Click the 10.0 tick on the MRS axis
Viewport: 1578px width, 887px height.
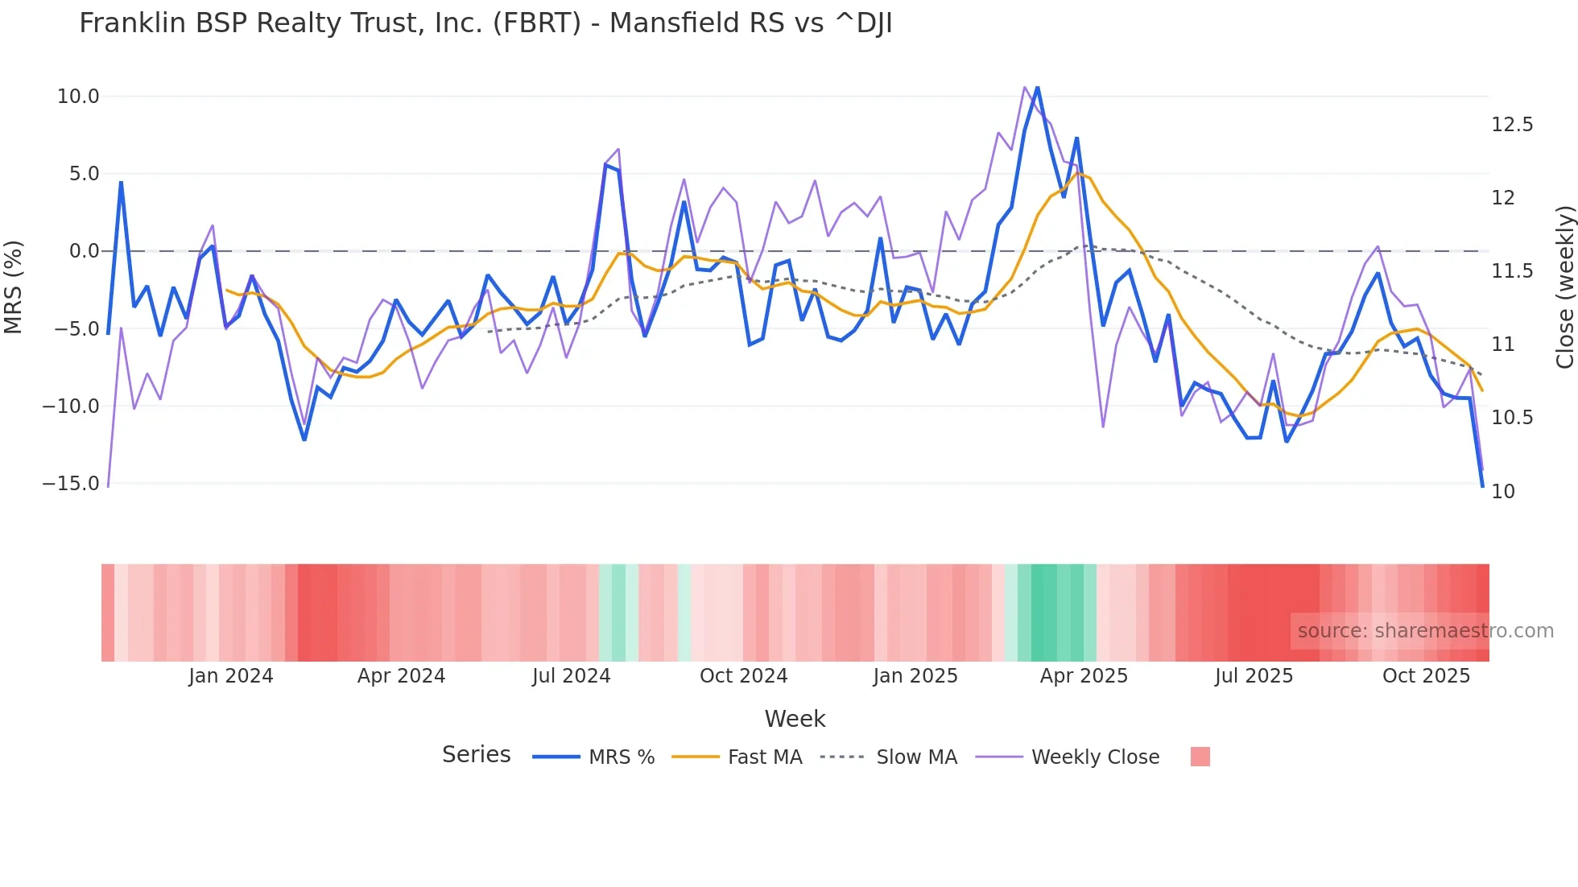click(77, 97)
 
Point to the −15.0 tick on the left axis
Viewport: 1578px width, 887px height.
click(71, 484)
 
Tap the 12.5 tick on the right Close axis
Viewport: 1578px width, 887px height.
click(1512, 125)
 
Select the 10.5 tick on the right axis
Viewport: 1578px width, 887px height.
click(1512, 418)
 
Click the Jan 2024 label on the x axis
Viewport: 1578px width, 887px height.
click(231, 676)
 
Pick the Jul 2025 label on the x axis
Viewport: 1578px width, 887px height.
click(1254, 676)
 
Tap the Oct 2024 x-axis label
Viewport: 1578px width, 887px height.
click(743, 676)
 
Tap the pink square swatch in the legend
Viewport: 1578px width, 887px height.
click(1200, 757)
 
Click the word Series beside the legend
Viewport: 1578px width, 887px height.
click(476, 755)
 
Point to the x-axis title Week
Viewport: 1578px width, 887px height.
click(795, 719)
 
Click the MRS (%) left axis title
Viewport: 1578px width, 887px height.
click(14, 287)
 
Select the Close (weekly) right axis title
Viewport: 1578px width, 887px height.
click(1564, 287)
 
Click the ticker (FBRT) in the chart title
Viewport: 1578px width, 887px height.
click(536, 23)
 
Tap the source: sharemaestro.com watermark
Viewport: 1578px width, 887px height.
click(1425, 631)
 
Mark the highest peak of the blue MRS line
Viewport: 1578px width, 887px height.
click(1037, 87)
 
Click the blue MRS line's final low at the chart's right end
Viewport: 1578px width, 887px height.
click(1482, 485)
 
